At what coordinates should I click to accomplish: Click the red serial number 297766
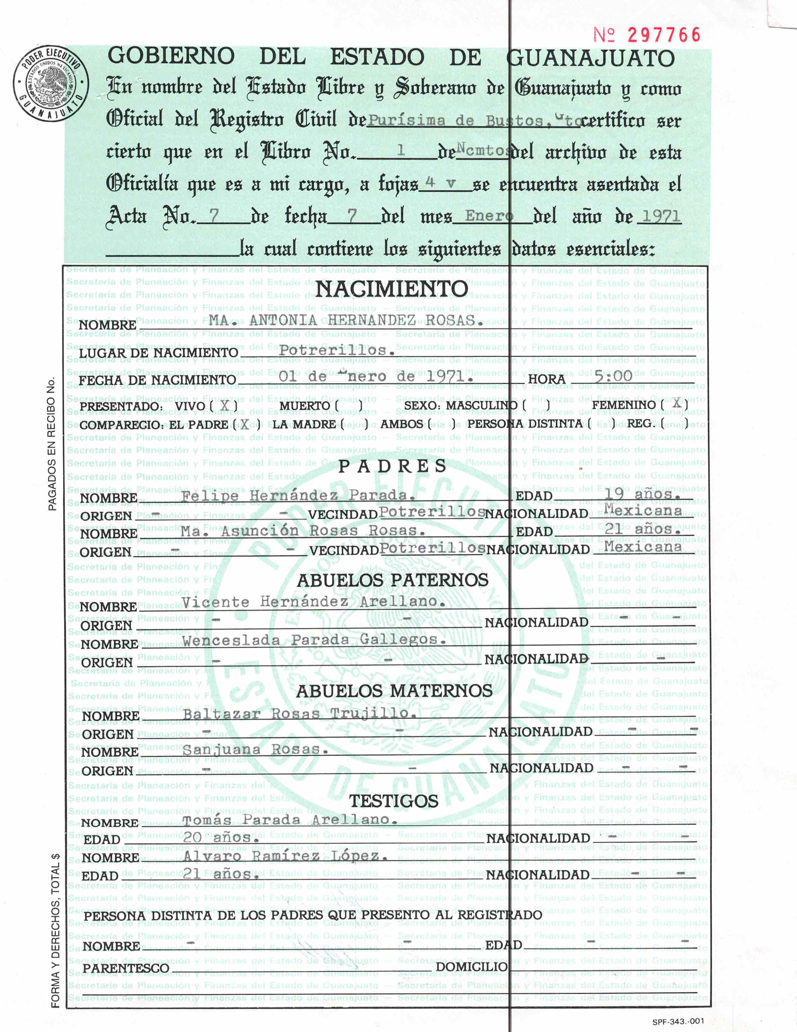point(663,35)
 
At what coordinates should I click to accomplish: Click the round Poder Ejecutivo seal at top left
point(50,83)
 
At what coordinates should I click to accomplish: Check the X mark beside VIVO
point(224,405)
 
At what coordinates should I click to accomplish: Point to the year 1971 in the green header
point(660,217)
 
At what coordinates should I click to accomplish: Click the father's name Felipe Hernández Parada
point(299,496)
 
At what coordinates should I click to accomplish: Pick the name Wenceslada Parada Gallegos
point(314,640)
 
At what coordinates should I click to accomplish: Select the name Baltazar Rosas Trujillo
point(300,714)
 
